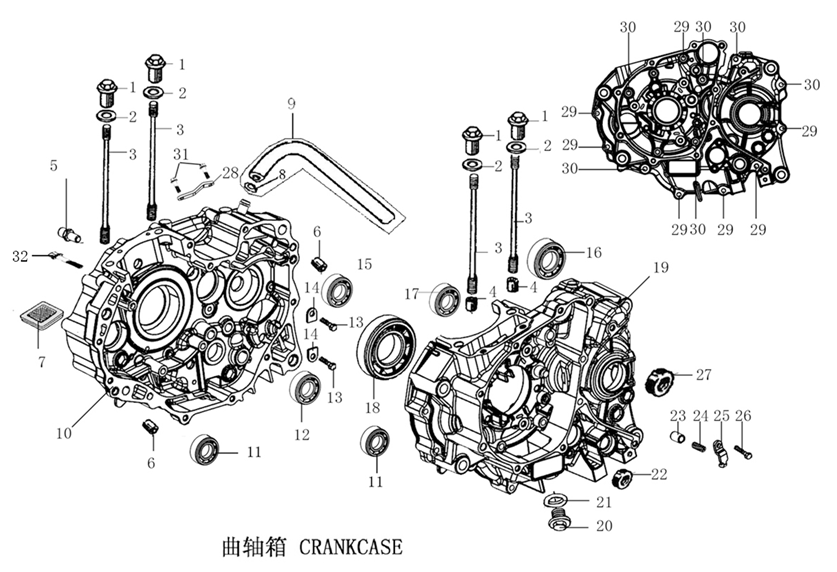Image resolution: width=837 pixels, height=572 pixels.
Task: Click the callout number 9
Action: pyautogui.click(x=291, y=103)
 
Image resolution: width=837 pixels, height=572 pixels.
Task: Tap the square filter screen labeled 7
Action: pyautogui.click(x=39, y=315)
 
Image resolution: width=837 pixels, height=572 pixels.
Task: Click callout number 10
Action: pyautogui.click(x=64, y=433)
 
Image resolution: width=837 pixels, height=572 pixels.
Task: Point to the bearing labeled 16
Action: pyautogui.click(x=547, y=258)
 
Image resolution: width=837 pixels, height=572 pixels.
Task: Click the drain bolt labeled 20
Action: pyautogui.click(x=560, y=521)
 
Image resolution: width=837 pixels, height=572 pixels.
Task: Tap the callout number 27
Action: pyautogui.click(x=704, y=375)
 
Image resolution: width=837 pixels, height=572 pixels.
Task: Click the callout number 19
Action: pyautogui.click(x=660, y=267)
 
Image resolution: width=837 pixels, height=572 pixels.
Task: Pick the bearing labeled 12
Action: pyautogui.click(x=305, y=389)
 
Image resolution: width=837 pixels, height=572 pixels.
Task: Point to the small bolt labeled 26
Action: pyautogui.click(x=742, y=451)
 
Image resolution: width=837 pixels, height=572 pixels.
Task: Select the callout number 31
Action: pyautogui.click(x=179, y=153)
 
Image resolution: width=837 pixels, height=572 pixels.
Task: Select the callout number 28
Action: pyautogui.click(x=231, y=173)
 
